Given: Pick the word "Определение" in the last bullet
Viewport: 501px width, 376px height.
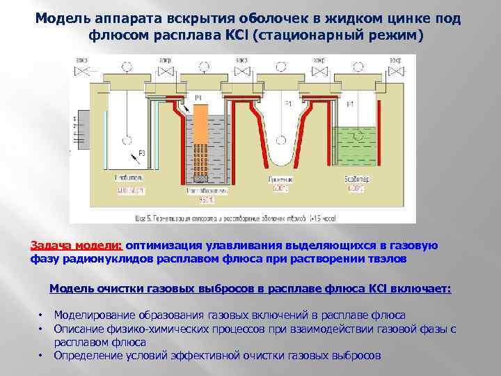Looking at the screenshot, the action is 88,355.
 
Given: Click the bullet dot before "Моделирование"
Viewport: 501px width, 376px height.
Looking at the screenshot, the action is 41,315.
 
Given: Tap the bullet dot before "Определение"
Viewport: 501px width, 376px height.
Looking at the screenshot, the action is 41,356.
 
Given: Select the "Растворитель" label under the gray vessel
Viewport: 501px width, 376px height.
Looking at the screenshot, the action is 202,188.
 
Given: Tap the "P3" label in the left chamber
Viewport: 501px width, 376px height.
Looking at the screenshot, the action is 141,154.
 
